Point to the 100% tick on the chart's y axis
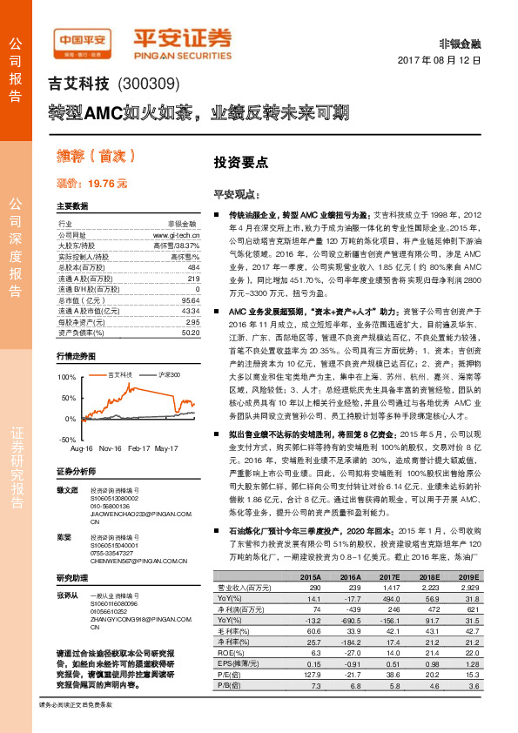66,377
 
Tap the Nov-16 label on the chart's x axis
109,447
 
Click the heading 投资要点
241,162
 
